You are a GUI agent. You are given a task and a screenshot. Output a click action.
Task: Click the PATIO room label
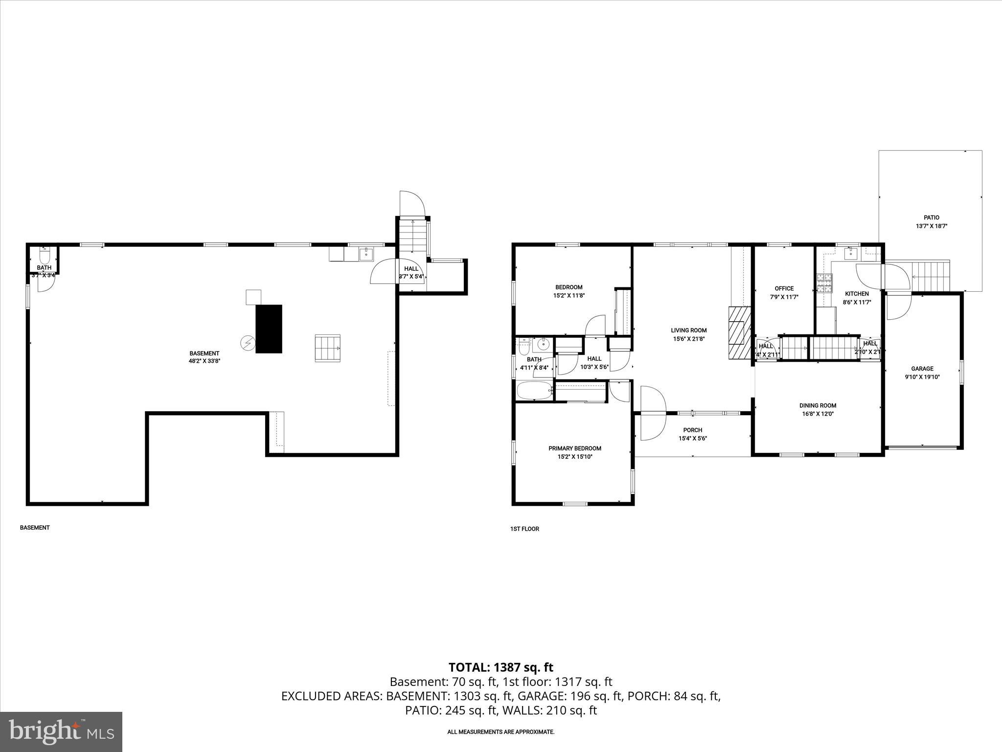click(931, 217)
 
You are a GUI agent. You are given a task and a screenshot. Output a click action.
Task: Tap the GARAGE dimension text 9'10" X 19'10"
click(922, 377)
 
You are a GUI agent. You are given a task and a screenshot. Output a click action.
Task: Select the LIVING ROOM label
click(688, 330)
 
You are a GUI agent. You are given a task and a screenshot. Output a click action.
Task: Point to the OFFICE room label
click(784, 288)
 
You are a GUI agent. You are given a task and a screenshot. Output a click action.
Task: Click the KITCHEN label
click(857, 294)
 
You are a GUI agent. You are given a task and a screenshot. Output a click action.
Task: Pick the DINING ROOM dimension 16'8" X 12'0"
click(818, 414)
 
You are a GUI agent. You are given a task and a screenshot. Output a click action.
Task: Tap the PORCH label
click(692, 430)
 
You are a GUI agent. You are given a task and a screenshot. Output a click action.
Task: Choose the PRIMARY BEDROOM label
click(574, 448)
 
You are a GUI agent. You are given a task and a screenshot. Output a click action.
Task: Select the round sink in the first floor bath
click(544, 345)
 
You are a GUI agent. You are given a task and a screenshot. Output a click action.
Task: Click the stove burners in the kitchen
click(824, 283)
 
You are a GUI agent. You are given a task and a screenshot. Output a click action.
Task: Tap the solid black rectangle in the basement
click(269, 329)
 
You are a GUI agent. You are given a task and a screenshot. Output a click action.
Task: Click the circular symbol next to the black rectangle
click(248, 343)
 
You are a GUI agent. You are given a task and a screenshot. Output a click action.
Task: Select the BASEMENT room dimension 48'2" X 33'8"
click(205, 362)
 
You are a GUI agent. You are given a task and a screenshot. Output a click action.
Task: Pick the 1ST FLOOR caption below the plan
click(524, 529)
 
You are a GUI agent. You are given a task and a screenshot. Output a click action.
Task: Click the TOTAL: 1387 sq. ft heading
click(501, 667)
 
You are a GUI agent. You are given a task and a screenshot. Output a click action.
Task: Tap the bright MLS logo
click(61, 731)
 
